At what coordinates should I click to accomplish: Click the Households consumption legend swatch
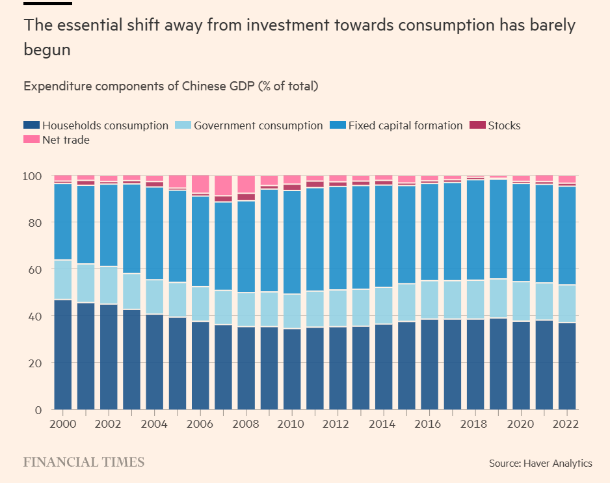click(31, 125)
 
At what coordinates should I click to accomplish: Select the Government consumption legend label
click(258, 125)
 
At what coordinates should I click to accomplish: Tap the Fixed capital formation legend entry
click(405, 125)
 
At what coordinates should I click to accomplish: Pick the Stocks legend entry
click(504, 125)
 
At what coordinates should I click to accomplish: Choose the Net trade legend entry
click(66, 140)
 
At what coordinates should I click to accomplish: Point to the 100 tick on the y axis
click(33, 176)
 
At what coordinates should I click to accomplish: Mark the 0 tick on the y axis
click(38, 410)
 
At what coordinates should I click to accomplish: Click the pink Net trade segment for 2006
click(200, 183)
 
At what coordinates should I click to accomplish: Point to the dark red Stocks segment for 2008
click(246, 197)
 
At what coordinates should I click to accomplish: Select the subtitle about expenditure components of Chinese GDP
click(170, 86)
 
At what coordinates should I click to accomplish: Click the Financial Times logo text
click(84, 462)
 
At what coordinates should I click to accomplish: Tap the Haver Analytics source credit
click(540, 463)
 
